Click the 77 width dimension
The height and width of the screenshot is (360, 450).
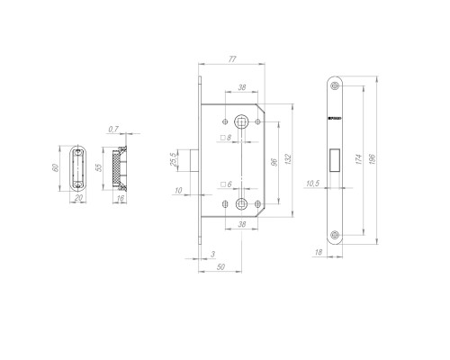[x=231, y=58]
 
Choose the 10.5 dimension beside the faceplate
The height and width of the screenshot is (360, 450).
[x=313, y=184]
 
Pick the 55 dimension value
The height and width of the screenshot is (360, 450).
[x=100, y=169]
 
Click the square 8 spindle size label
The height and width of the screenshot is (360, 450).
[x=226, y=138]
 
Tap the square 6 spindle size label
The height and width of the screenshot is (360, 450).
[x=226, y=184]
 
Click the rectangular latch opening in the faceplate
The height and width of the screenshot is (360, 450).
[x=334, y=158]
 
